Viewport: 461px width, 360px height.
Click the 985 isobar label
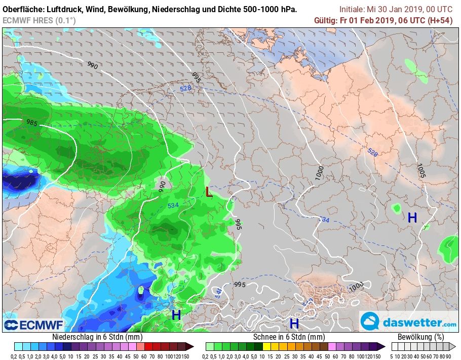pyautogui.click(x=32, y=123)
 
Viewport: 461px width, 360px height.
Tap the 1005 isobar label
pyautogui.click(x=421, y=170)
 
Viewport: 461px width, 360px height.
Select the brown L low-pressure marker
pyautogui.click(x=209, y=192)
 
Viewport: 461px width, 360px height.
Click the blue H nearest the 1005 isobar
pyautogui.click(x=412, y=218)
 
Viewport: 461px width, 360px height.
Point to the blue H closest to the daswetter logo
pyautogui.click(x=294, y=323)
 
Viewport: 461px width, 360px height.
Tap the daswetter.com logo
pyautogui.click(x=408, y=322)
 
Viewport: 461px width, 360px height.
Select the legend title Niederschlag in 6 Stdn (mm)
pyautogui.click(x=97, y=337)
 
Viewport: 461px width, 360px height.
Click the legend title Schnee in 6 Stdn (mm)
pyautogui.click(x=289, y=337)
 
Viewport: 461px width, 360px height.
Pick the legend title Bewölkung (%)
pyautogui.click(x=420, y=337)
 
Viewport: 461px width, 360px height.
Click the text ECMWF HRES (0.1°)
pyautogui.click(x=39, y=20)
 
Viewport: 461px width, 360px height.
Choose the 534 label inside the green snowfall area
pyautogui.click(x=173, y=205)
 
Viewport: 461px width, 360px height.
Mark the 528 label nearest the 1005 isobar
pyautogui.click(x=372, y=152)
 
